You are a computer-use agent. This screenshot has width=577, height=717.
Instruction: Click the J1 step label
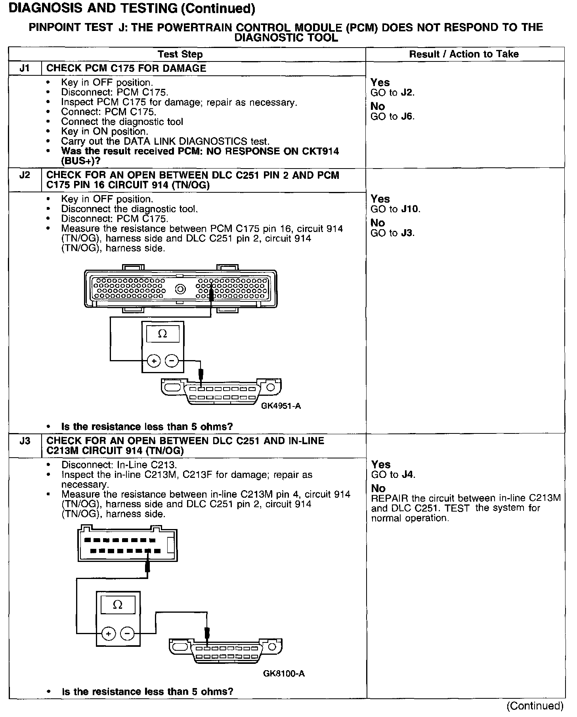pos(25,68)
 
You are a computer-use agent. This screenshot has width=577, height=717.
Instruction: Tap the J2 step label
pos(25,175)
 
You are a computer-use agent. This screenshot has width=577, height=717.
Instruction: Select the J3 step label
pos(25,441)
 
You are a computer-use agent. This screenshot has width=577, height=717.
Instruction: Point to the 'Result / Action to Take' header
pos(464,54)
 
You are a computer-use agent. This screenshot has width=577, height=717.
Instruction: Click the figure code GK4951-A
pos(281,406)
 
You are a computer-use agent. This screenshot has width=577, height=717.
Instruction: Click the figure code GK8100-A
pos(284,673)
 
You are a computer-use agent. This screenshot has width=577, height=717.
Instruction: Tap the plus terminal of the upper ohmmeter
pos(153,361)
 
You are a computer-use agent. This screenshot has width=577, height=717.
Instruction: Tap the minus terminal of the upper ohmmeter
pos(171,361)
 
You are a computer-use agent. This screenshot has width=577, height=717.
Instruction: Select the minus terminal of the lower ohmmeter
pos(127,633)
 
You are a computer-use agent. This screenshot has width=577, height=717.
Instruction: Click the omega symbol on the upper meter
pos(162,334)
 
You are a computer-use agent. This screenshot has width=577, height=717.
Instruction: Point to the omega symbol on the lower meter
pos(118,605)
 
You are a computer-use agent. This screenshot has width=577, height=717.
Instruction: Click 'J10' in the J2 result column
pos(410,209)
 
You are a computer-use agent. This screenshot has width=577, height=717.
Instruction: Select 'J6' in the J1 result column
pos(407,117)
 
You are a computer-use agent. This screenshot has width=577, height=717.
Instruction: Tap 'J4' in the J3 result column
pos(408,475)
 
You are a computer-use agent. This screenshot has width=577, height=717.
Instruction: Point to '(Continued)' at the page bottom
pos(535,705)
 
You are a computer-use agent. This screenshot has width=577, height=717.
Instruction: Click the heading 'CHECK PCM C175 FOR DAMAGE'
pos(126,68)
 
